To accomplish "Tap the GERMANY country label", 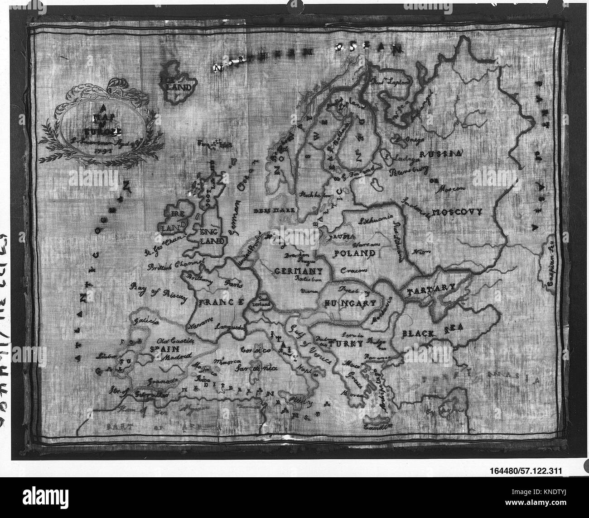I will pyautogui.click(x=298, y=271).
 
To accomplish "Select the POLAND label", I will pyautogui.click(x=354, y=253).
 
